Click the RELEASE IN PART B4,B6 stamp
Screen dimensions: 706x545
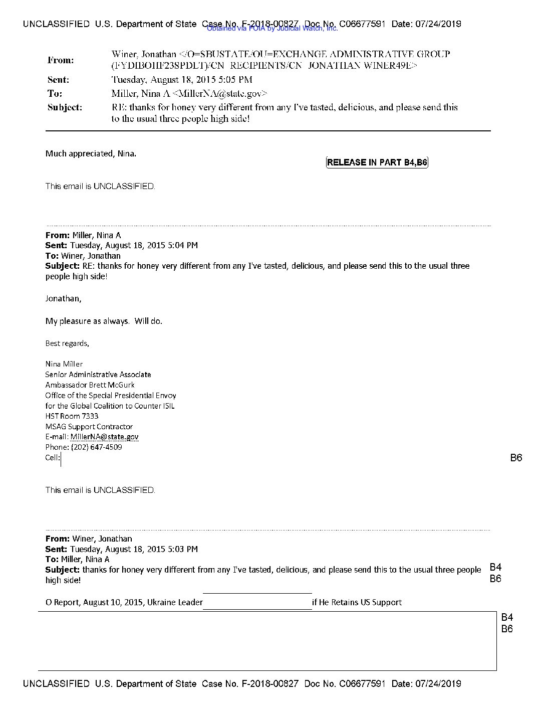pyautogui.click(x=377, y=162)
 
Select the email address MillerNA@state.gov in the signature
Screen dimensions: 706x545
pyautogui.click(x=104, y=437)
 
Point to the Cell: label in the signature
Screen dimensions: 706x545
pyautogui.click(x=53, y=457)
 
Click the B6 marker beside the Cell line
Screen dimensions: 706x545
pyautogui.click(x=516, y=458)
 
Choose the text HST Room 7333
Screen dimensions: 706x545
pyautogui.click(x=72, y=416)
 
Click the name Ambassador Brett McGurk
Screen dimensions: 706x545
pyautogui.click(x=90, y=385)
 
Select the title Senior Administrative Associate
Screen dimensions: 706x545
pyautogui.click(x=98, y=375)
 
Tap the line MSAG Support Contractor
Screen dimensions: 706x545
pyautogui.click(x=89, y=427)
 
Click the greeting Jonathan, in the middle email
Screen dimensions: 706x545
pyautogui.click(x=63, y=299)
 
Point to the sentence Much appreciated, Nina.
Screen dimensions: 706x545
pyautogui.click(x=91, y=154)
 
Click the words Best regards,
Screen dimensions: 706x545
pyautogui.click(x=67, y=343)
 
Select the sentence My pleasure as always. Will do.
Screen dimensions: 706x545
pyautogui.click(x=104, y=321)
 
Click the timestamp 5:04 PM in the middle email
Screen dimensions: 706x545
pyautogui.click(x=183, y=246)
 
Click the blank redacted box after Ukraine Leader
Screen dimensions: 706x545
pyautogui.click(x=257, y=602)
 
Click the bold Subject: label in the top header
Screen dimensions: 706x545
pyautogui.click(x=65, y=107)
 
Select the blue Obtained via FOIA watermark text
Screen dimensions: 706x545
pyautogui.click(x=272, y=29)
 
